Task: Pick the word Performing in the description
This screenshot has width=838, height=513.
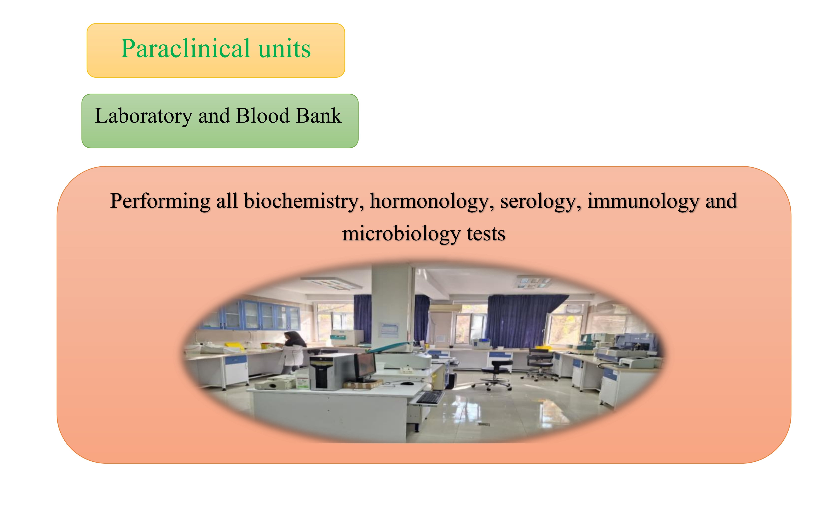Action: pos(160,201)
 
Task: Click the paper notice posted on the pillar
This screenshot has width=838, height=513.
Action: pos(389,330)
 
